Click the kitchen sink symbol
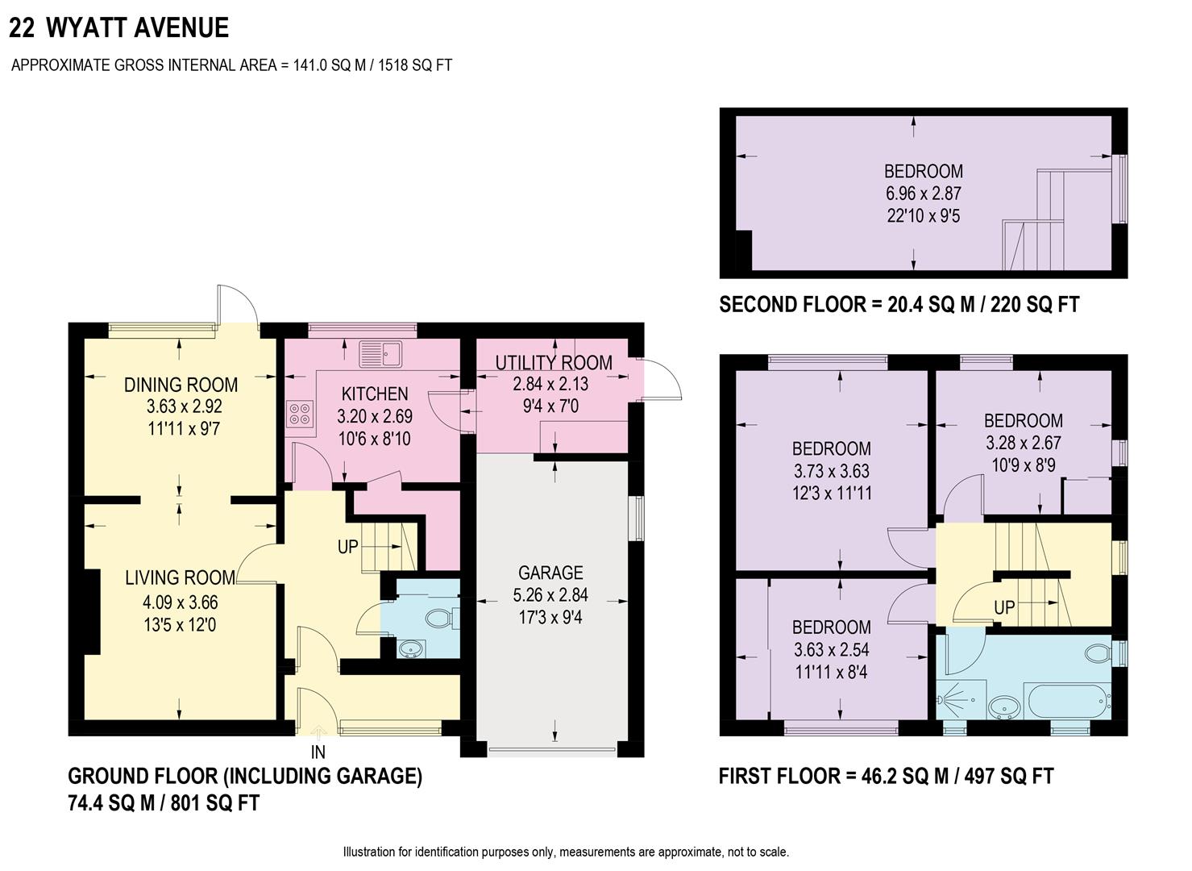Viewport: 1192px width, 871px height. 380,353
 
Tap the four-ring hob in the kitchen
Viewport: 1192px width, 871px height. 300,414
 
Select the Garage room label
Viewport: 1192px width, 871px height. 550,573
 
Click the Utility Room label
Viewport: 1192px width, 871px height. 553,363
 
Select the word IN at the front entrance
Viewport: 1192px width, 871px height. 318,752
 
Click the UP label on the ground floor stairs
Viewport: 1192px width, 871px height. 347,547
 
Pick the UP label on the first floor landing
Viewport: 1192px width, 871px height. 1004,608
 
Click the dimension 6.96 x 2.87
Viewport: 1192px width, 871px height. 923,194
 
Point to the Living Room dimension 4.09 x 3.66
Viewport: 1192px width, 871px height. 180,602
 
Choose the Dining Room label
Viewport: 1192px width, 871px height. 181,385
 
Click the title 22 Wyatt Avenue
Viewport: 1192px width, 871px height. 119,28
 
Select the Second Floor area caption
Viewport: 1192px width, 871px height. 899,305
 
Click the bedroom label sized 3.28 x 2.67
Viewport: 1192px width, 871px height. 1023,420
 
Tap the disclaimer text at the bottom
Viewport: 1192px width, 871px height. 566,852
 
